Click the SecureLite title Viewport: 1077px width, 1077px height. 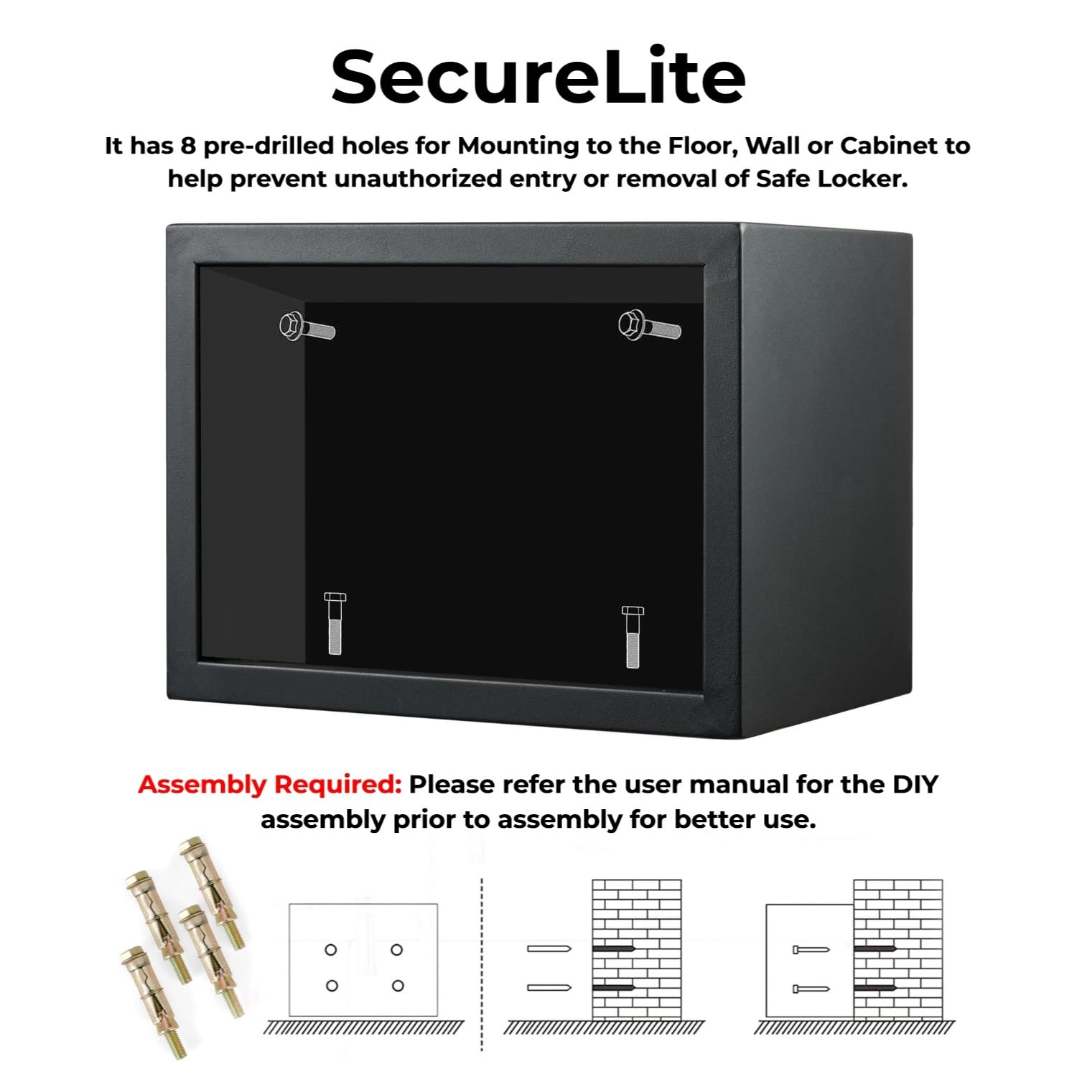538,77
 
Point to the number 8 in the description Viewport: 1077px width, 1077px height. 188,146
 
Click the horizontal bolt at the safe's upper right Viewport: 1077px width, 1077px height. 649,327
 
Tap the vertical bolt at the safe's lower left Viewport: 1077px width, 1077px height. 335,623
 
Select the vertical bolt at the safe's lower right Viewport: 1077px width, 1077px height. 633,636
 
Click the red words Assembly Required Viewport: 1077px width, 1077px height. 269,785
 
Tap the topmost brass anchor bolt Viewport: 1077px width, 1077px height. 213,890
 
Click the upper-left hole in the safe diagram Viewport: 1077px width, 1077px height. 331,950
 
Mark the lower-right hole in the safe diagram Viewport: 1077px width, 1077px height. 398,986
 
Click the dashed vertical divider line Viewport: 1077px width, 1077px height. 482,962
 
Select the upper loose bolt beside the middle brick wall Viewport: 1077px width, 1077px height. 549,949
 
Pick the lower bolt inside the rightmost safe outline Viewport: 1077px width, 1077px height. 811,989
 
